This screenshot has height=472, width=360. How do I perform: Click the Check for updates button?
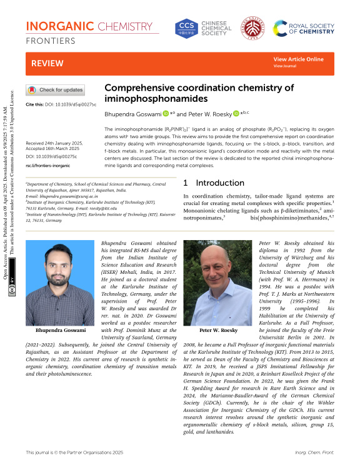tap(54, 89)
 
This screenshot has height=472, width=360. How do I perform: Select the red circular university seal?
tap(253, 28)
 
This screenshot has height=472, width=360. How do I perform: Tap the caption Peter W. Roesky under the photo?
tap(217, 329)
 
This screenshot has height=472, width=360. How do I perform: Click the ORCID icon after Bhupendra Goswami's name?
tap(166, 114)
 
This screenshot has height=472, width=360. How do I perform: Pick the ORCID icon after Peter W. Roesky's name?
tap(236, 114)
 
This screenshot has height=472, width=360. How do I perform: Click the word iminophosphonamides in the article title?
tap(146, 99)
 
